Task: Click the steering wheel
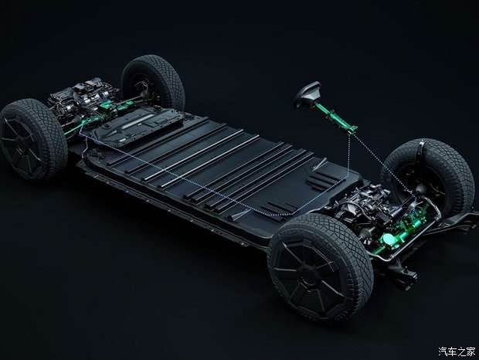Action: (x=307, y=93)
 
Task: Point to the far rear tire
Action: (x=154, y=83)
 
